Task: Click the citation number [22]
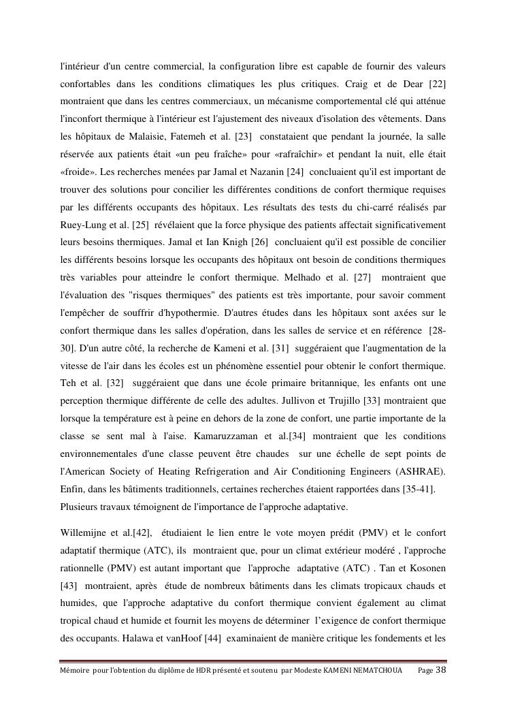[436, 83]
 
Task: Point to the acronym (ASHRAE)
[421, 471]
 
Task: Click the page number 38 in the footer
[441, 670]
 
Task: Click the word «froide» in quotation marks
[73, 172]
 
